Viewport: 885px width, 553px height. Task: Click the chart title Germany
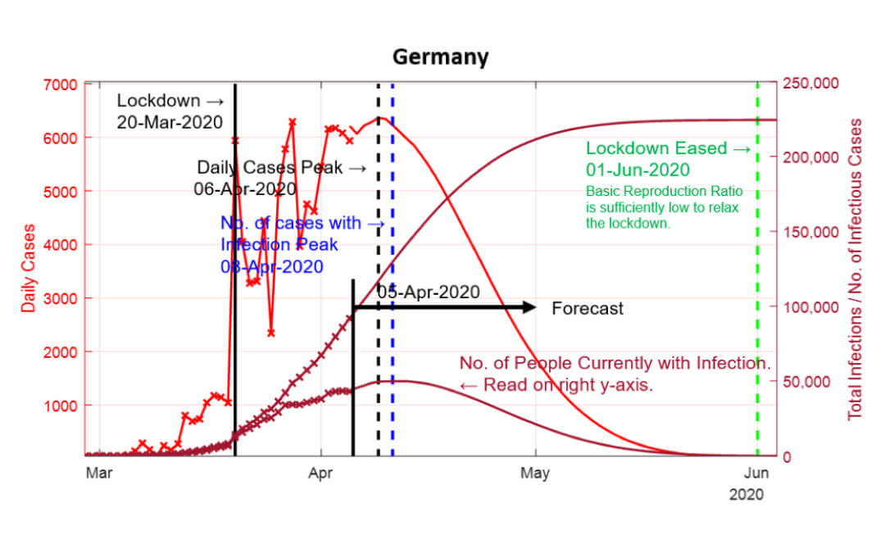440,57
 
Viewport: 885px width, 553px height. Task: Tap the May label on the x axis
535,473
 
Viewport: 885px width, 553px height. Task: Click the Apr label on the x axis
321,473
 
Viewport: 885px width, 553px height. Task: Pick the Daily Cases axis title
29,268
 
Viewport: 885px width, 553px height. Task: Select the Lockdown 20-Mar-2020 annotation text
170,111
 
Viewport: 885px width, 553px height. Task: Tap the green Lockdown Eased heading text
667,148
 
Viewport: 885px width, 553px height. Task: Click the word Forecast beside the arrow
587,309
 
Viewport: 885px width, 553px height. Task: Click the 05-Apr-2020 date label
428,292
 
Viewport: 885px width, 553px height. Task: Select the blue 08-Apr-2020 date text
271,266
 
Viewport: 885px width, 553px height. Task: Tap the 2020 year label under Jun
746,494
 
